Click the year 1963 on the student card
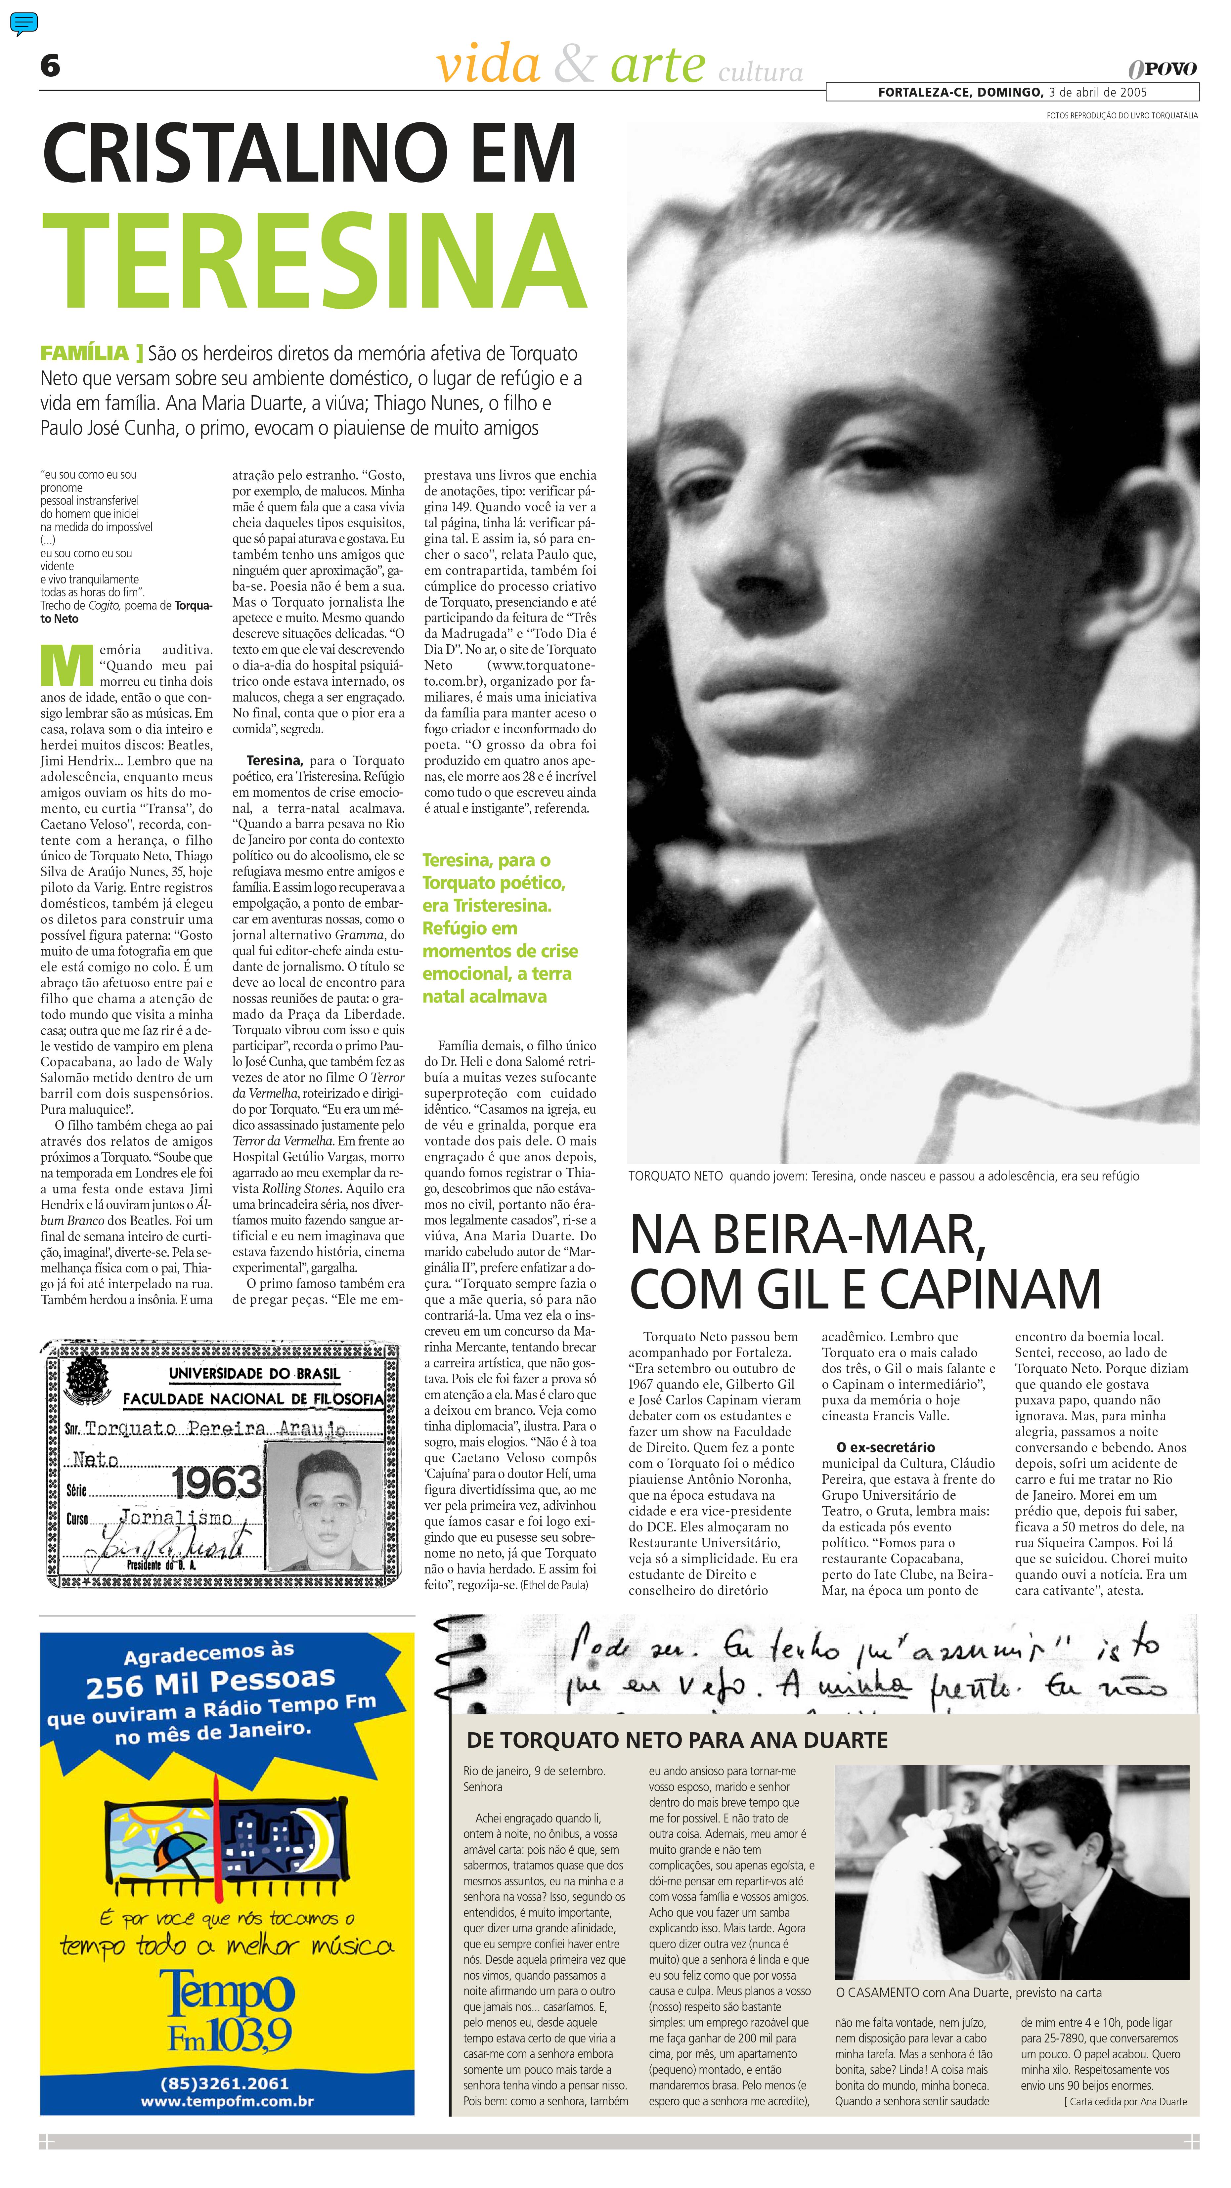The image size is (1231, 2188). [217, 1482]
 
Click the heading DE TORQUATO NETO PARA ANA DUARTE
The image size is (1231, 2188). [677, 1740]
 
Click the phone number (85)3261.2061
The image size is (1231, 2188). [224, 2083]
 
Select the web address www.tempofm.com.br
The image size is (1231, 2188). [227, 2101]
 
